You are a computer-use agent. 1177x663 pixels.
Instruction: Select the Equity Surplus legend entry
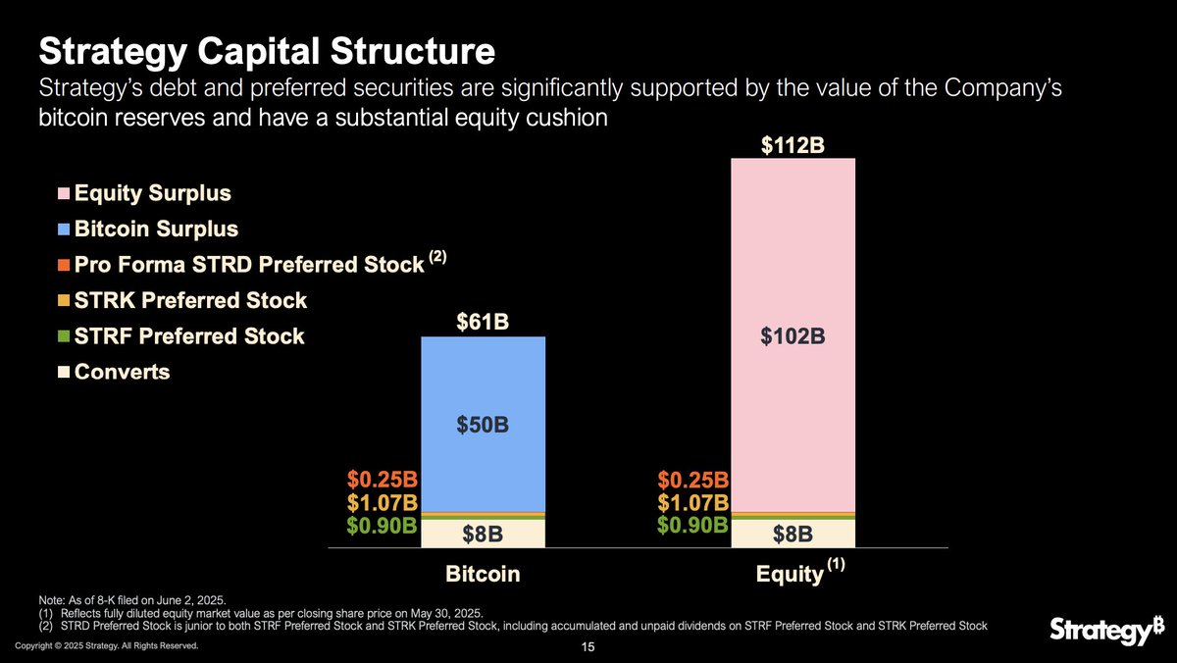(152, 193)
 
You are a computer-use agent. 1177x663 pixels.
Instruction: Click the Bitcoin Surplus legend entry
(156, 229)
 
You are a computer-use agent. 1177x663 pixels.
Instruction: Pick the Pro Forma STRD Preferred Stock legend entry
(250, 265)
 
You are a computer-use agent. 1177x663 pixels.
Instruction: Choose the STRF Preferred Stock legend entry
(188, 336)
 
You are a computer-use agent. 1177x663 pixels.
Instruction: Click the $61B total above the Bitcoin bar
(483, 322)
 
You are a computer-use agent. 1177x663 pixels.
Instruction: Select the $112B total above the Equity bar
(793, 145)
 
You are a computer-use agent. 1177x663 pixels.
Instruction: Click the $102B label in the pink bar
(793, 336)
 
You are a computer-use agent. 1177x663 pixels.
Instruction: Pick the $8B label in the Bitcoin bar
(483, 535)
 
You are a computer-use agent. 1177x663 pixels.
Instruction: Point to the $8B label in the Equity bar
(793, 535)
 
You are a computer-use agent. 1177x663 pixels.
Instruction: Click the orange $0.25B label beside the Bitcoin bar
(383, 481)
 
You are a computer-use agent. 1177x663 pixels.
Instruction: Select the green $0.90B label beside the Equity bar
(692, 525)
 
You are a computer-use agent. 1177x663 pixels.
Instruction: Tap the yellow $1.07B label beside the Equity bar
(692, 502)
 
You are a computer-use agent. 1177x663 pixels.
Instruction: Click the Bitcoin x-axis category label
(483, 575)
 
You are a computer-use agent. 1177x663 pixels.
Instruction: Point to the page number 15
(588, 647)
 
